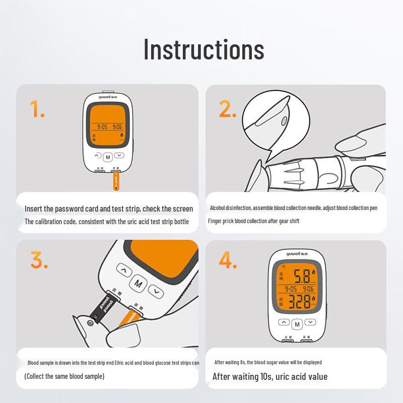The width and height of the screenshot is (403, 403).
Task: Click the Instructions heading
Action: click(204, 49)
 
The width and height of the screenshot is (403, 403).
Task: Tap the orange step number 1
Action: click(37, 109)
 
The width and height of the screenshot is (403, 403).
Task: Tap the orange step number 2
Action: click(227, 109)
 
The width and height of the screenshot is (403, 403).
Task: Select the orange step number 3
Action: click(39, 260)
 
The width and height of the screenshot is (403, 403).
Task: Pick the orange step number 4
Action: click(228, 260)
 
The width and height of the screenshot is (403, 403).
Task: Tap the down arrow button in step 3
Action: click(157, 291)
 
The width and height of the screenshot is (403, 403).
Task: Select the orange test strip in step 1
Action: click(116, 181)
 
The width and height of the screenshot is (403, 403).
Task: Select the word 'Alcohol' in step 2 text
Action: click(218, 208)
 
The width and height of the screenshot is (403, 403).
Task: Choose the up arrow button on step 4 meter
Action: click(284, 322)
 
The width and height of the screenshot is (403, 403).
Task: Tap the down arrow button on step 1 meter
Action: click(119, 156)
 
